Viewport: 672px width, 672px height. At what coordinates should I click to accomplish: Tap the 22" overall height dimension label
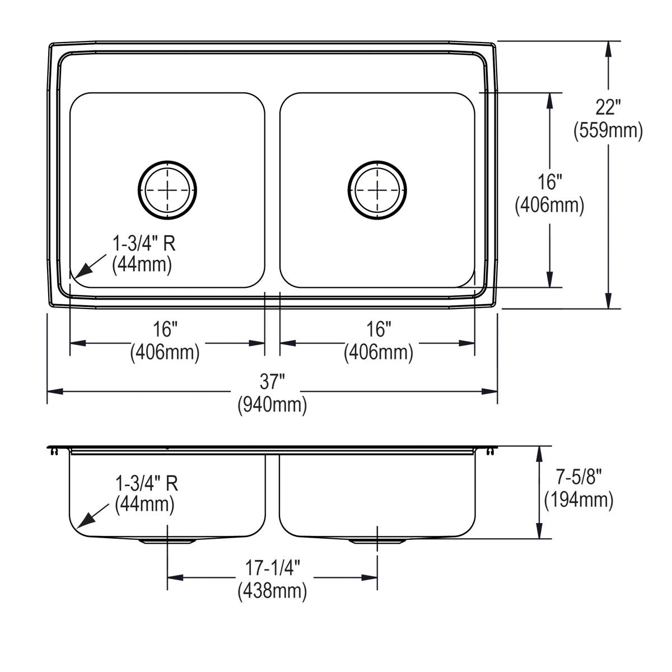click(608, 106)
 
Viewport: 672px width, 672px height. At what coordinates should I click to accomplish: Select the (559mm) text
click(608, 130)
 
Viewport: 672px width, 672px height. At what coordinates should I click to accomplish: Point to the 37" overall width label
click(272, 382)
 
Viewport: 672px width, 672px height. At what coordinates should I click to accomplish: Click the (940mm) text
click(272, 404)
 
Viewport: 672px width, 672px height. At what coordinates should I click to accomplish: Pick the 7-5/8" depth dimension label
click(579, 477)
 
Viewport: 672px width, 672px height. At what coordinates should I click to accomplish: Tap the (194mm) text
click(579, 499)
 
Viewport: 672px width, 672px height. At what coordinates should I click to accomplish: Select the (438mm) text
click(272, 591)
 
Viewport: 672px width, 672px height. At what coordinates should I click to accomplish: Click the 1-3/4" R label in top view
click(144, 244)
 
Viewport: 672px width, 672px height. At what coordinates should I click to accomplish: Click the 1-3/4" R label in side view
click(147, 482)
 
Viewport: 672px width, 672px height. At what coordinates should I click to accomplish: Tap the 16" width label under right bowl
click(379, 330)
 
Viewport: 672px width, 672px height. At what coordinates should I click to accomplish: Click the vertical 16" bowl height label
click(549, 182)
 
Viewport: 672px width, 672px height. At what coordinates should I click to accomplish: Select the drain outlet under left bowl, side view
click(167, 542)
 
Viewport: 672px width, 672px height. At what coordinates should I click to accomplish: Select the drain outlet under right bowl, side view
click(377, 542)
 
